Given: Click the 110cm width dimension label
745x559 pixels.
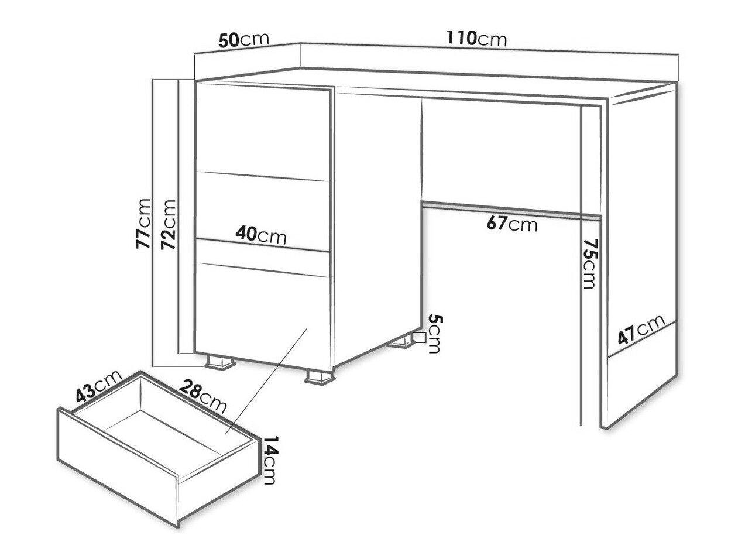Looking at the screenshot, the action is (476, 39).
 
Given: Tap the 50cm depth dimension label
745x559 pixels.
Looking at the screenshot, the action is (243, 40).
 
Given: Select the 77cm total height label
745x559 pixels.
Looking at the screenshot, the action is (143, 224).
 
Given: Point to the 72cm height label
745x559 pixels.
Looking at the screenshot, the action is (169, 224).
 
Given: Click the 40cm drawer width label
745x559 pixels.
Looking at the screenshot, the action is (261, 235).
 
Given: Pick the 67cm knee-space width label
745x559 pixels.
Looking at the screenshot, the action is (512, 224).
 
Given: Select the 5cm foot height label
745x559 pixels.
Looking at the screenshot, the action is (435, 334).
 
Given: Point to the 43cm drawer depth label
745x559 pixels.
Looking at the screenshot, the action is (98, 385).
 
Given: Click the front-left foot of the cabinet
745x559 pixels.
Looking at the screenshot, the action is (220, 362).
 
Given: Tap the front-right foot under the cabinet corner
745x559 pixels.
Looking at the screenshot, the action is (320, 377).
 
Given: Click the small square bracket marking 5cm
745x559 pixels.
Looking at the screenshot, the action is (420, 338).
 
